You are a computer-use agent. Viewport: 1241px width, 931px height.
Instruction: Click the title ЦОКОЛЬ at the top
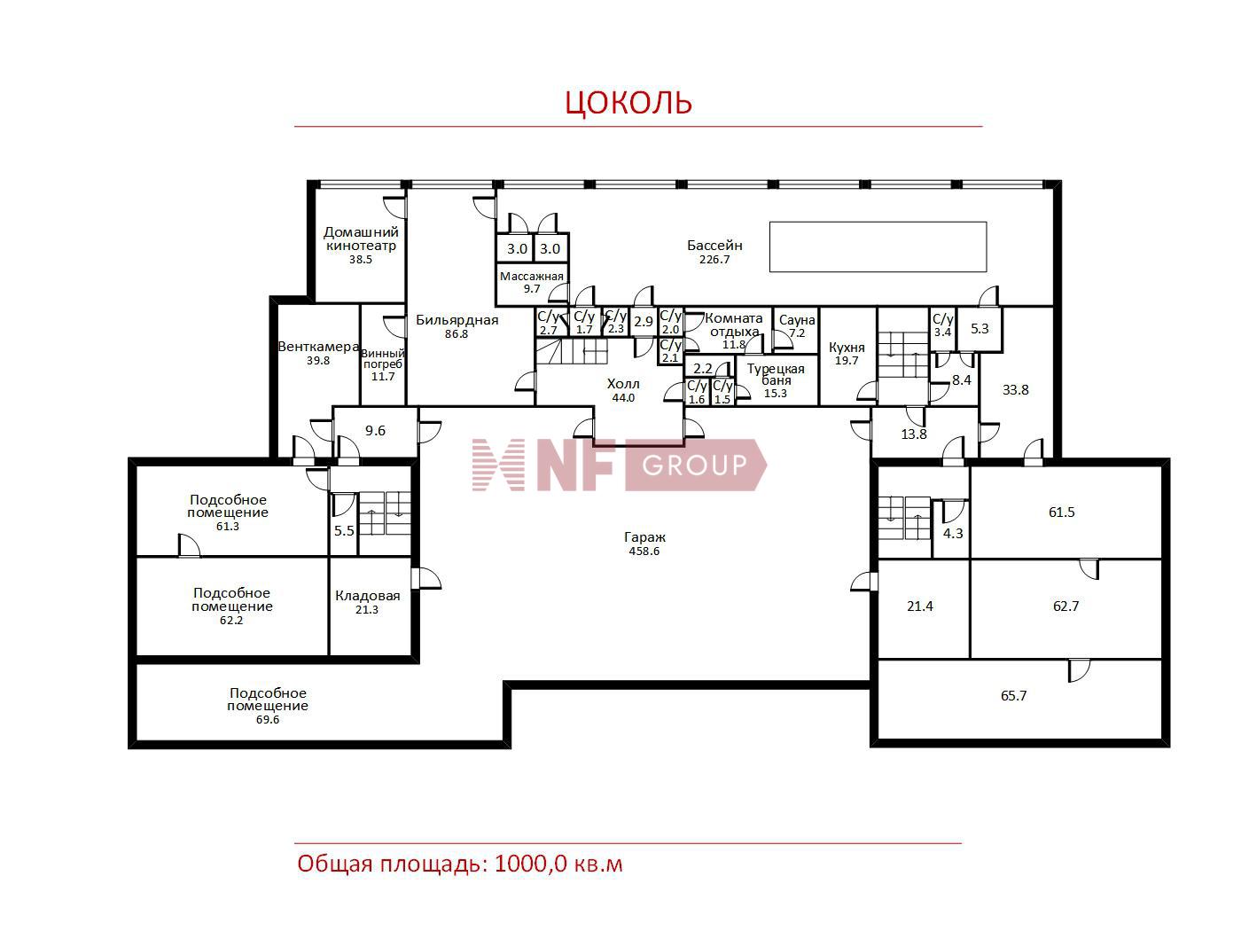[x=628, y=102]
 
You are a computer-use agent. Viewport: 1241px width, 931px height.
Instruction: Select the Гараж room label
[x=644, y=537]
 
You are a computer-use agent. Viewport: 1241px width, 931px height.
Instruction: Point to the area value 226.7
[x=714, y=260]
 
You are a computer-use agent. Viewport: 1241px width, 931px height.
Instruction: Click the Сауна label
[x=797, y=320]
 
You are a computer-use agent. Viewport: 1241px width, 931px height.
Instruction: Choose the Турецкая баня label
[x=776, y=374]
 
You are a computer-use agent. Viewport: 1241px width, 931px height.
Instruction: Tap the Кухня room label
[x=847, y=347]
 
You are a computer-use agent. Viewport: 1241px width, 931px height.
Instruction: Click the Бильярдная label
[x=457, y=320]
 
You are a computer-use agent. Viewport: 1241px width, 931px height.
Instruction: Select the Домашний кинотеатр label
[x=361, y=239]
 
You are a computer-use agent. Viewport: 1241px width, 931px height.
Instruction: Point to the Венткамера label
[x=318, y=347]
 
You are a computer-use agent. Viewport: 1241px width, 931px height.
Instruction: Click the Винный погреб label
[x=383, y=358]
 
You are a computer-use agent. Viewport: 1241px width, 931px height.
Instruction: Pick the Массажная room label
[x=532, y=277]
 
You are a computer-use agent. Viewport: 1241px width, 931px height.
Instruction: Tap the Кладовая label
[x=368, y=596]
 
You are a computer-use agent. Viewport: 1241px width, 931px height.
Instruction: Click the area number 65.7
[x=1014, y=695]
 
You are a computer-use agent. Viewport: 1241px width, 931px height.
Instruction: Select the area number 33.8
[x=1016, y=389]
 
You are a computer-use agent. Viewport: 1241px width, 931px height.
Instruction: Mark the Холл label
[x=623, y=384]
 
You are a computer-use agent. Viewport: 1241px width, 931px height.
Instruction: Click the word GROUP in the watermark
[x=694, y=465]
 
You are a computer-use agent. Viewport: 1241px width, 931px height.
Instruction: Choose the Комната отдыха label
[x=734, y=325]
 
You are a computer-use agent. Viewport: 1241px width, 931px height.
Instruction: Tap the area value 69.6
[x=268, y=720]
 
